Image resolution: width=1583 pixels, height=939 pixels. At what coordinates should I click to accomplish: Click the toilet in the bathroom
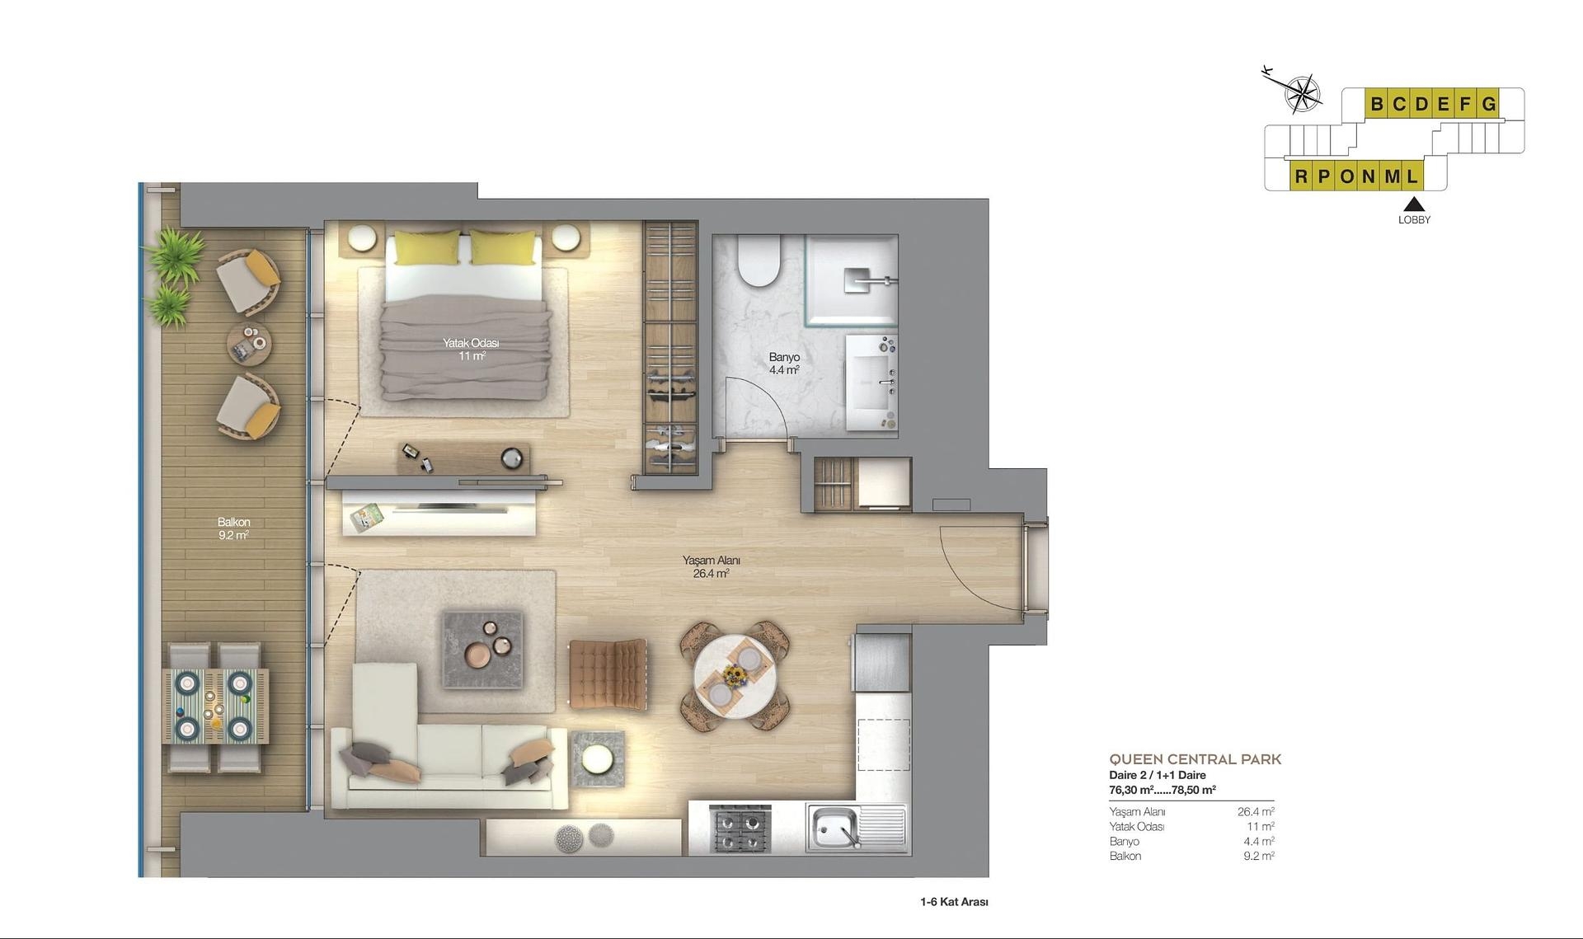(759, 261)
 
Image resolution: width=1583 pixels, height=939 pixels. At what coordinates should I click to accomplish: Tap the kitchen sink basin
(832, 827)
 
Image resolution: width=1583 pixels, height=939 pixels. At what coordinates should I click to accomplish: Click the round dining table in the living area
(734, 676)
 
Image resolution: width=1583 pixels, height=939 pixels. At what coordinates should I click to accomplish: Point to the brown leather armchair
(608, 674)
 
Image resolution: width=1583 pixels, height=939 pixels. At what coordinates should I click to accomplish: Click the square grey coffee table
(483, 648)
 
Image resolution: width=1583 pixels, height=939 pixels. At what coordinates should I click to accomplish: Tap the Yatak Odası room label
(471, 350)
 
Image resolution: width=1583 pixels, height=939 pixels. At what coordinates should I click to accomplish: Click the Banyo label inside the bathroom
(784, 364)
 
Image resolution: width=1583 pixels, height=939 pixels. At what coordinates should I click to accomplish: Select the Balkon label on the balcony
(233, 528)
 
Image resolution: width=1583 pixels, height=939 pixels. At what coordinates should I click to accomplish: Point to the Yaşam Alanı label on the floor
(711, 566)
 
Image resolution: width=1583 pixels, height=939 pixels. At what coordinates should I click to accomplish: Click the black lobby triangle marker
(1414, 204)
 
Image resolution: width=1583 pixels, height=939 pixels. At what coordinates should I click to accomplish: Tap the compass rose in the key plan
(1302, 94)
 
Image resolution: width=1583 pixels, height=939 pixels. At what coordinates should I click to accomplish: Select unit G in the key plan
(1488, 105)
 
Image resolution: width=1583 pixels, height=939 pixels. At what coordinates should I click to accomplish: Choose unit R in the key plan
(1301, 176)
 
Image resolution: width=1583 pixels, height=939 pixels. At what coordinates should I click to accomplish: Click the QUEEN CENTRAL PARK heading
(1195, 759)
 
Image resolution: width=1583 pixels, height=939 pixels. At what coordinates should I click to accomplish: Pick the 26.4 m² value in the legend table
(1256, 812)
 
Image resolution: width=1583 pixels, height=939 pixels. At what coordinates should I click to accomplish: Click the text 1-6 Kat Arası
(954, 902)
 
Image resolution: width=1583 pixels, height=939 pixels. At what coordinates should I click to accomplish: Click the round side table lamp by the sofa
(597, 758)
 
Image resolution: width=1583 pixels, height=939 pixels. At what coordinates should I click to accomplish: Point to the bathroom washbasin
(871, 382)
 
